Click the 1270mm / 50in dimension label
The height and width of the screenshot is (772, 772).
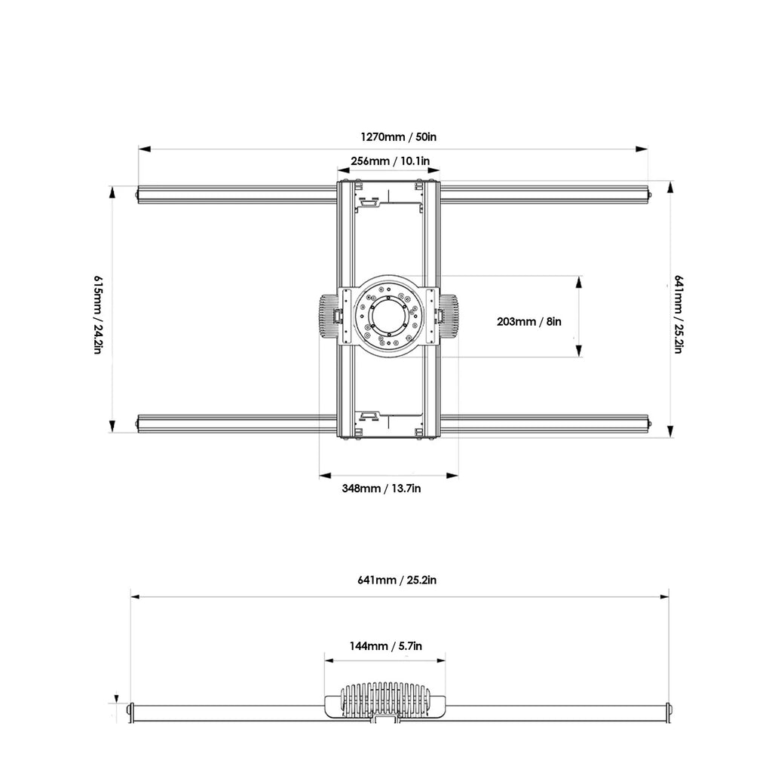(x=398, y=136)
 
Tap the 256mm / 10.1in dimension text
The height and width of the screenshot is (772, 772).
(x=390, y=161)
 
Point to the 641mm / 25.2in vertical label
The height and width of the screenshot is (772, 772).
(x=678, y=314)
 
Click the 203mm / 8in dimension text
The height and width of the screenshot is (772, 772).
(x=528, y=321)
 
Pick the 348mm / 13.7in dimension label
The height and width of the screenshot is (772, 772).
(x=381, y=489)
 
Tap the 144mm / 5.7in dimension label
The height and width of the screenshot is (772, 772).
(x=385, y=646)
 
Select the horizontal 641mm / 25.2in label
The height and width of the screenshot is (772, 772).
(x=397, y=580)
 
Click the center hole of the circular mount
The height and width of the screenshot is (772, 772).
(x=388, y=316)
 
